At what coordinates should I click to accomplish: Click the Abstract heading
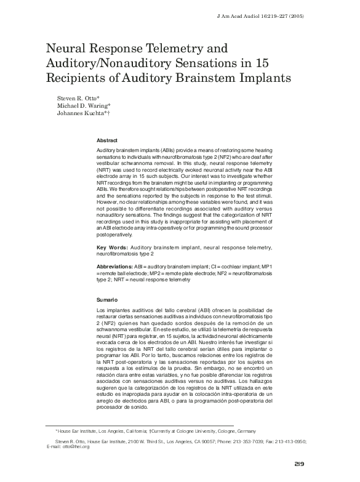(108, 141)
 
